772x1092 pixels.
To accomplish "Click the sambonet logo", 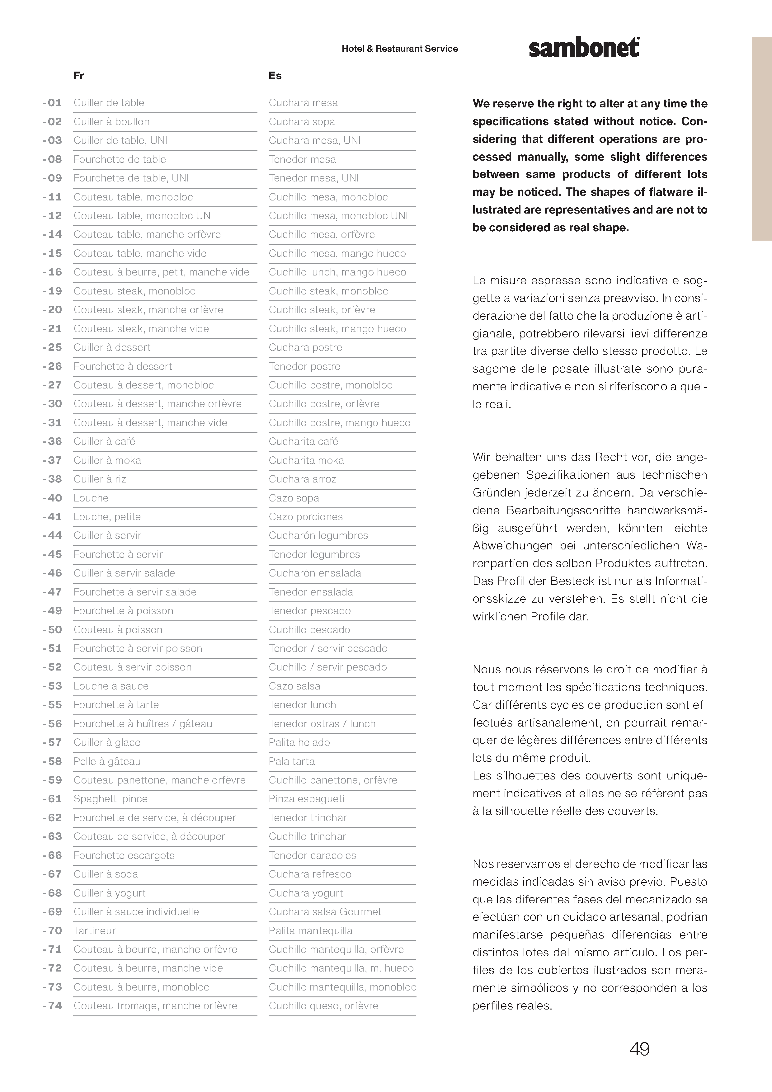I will click(x=584, y=48).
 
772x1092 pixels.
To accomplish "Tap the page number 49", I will click(x=639, y=1049).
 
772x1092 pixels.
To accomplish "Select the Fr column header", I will click(x=79, y=76).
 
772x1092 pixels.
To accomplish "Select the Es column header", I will click(x=275, y=76).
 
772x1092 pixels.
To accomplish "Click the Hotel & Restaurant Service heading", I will click(x=400, y=49).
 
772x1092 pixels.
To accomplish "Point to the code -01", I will click(x=52, y=103).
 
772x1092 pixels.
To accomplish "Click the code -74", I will click(x=52, y=1005).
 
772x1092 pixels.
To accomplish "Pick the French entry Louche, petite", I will click(x=107, y=516).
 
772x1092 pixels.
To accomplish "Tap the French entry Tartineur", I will click(x=95, y=930).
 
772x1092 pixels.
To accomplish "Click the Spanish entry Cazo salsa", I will click(x=294, y=686).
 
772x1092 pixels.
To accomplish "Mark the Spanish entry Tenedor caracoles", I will click(x=312, y=855).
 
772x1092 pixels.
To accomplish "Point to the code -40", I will click(x=52, y=498).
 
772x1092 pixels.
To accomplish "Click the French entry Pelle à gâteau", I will click(x=107, y=761).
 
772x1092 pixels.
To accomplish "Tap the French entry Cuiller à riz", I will click(x=100, y=479).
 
